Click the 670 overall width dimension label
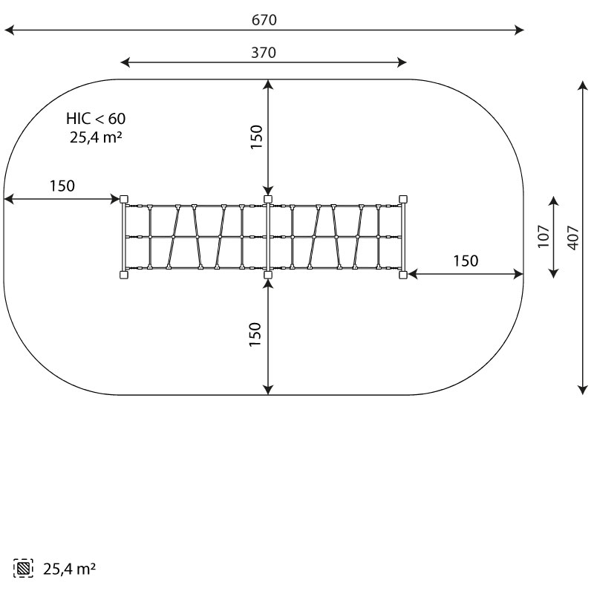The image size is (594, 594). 264,20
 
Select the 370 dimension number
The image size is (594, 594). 264,53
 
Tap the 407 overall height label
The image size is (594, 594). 573,238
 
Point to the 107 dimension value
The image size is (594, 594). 544,236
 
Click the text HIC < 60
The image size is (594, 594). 96,119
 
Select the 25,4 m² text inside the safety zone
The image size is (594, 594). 96,137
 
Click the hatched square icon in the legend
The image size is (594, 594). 23,568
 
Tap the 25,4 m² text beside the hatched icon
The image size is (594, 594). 69,569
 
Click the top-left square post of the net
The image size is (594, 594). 124,199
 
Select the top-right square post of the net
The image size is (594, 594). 403,199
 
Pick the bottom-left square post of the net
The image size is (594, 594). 124,275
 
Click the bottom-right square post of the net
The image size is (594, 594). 403,275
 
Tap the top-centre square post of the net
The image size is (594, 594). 268,199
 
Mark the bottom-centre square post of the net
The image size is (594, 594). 268,275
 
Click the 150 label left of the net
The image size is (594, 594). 62,186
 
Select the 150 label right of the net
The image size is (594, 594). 466,261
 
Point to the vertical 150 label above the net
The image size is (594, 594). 256,137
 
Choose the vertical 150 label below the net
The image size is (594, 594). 255,334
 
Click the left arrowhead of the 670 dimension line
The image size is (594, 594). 9,30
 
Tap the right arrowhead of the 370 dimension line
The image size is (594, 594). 402,62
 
